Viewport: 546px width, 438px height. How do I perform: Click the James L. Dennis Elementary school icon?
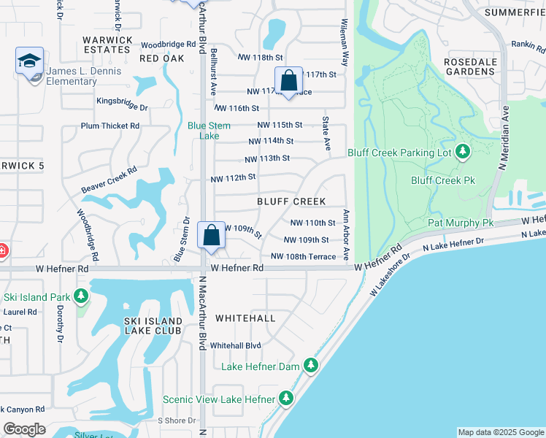click(29, 61)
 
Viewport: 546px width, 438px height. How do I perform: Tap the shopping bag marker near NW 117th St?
click(288, 81)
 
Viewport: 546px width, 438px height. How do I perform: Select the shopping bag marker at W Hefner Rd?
click(211, 236)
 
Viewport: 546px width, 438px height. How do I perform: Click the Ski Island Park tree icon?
click(80, 296)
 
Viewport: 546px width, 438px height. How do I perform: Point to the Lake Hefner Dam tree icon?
click(310, 364)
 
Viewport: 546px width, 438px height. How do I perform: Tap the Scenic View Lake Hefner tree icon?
click(286, 399)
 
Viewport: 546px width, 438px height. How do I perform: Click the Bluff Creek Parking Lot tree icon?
click(462, 151)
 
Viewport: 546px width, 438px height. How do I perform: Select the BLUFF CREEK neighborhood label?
click(291, 201)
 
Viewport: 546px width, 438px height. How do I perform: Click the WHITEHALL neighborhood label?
click(245, 318)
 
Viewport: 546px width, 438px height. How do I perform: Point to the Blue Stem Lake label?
click(209, 131)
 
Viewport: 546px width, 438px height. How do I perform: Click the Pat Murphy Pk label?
click(461, 223)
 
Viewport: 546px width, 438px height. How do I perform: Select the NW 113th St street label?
click(267, 158)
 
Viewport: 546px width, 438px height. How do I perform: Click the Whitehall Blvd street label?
click(235, 345)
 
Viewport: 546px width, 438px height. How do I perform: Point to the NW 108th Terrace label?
click(303, 256)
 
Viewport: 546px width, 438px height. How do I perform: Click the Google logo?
click(24, 429)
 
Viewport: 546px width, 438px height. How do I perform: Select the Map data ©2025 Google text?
click(500, 432)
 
